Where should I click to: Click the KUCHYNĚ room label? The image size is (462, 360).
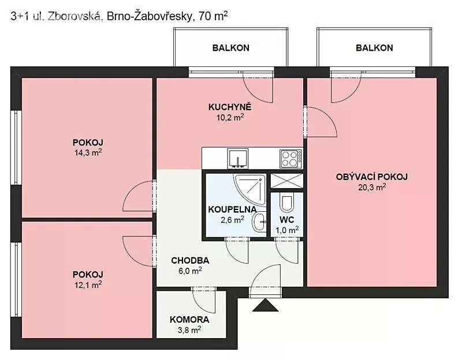[230, 107]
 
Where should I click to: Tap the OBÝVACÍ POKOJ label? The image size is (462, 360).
[372, 177]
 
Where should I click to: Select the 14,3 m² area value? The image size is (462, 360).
[88, 153]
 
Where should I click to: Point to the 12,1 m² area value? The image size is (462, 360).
[88, 285]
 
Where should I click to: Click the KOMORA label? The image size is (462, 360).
[189, 320]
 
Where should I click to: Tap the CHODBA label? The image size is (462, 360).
[190, 261]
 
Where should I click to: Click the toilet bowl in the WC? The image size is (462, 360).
[286, 202]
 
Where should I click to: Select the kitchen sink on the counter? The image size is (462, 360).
[238, 158]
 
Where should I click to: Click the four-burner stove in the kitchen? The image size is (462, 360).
[291, 159]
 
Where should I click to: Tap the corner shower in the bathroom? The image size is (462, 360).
[250, 189]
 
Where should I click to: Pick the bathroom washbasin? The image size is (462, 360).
[259, 223]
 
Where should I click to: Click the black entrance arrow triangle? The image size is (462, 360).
[265, 305]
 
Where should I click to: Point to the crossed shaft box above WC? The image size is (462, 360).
[286, 181]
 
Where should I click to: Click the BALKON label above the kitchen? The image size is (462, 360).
[230, 48]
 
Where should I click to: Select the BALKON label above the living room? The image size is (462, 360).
[374, 48]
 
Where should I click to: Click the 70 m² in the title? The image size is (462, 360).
[213, 16]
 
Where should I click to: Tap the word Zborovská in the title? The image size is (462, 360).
[75, 17]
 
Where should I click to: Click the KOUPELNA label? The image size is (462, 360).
[232, 209]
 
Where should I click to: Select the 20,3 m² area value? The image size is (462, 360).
[372, 187]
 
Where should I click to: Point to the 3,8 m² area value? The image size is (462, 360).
[189, 330]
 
